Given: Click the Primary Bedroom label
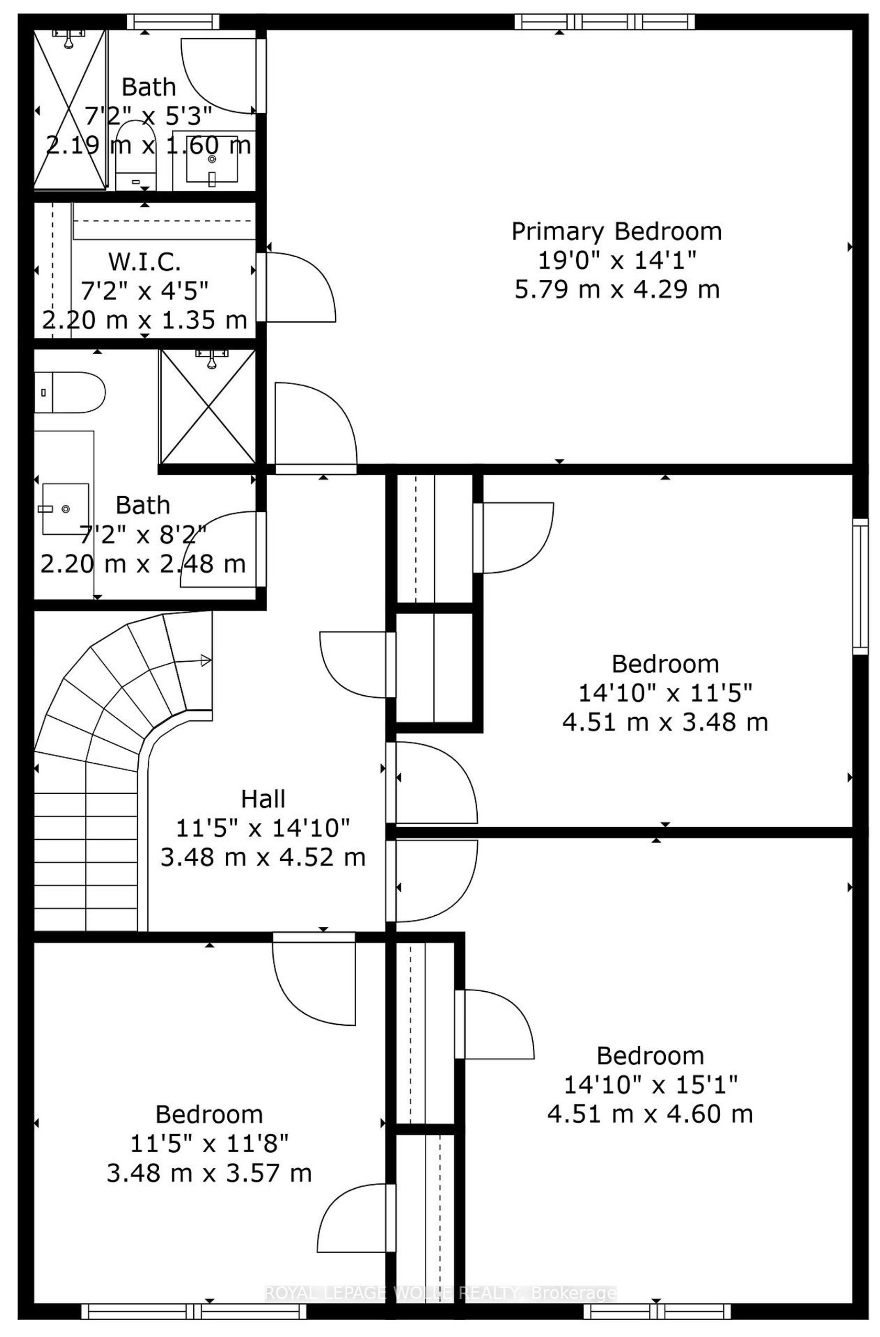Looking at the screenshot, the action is click(x=616, y=232).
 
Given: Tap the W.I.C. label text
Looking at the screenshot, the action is click(x=145, y=261).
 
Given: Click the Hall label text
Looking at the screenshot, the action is click(x=263, y=799).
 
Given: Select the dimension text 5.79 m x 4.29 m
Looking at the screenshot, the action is click(x=617, y=290).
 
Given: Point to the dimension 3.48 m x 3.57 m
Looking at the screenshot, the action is click(x=209, y=1173).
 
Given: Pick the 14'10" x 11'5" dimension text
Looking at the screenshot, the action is click(x=665, y=693).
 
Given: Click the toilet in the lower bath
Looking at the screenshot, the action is click(x=70, y=392).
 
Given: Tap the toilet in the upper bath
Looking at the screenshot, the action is click(x=135, y=155).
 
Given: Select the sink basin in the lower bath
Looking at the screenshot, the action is click(x=65, y=509).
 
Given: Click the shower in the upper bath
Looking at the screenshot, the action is click(x=70, y=109).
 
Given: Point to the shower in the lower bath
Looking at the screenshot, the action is click(x=208, y=406).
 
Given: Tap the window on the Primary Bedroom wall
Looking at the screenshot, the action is click(x=605, y=22).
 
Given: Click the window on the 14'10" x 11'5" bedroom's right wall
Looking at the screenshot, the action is click(x=860, y=586).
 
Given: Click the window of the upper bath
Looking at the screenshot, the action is click(x=172, y=22).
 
